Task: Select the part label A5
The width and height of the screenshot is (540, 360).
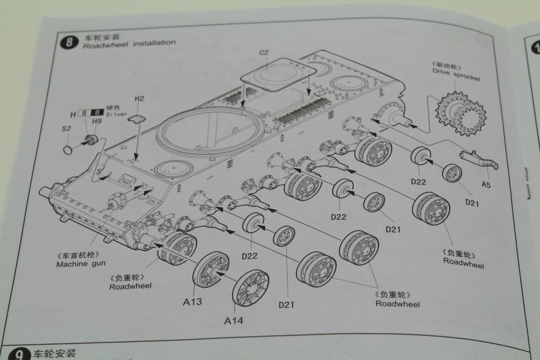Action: tap(485, 184)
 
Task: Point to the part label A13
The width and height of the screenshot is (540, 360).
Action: tap(193, 301)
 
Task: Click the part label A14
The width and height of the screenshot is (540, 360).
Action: tap(233, 320)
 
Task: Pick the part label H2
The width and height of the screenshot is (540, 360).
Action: tap(139, 99)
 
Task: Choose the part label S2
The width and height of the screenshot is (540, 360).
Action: tap(66, 129)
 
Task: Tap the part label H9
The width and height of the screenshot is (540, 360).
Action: tap(96, 121)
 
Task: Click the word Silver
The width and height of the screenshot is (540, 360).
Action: tap(116, 115)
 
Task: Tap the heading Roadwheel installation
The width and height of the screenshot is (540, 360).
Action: tap(129, 42)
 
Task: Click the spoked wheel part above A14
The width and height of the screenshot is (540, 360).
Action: tap(250, 288)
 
